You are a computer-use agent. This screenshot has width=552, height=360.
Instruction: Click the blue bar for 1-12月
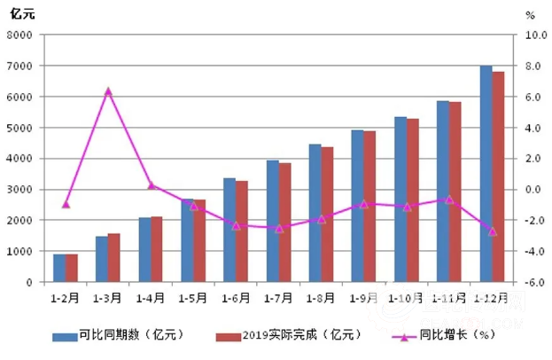point(486,174)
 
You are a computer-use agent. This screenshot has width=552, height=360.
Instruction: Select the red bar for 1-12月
point(498,176)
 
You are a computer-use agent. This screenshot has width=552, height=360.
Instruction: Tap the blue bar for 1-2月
point(58,268)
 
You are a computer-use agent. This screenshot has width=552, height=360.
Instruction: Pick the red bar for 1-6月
point(242,231)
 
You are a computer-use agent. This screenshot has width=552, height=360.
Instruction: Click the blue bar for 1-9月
point(357,206)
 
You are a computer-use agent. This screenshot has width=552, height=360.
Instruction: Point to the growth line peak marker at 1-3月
point(108,91)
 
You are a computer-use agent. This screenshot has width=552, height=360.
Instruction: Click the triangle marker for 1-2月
point(66,204)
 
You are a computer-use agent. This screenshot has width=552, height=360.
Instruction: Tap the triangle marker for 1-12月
point(493,231)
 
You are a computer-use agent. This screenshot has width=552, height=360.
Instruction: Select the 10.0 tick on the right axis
point(537,35)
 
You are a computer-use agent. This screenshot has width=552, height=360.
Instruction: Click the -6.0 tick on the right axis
point(537,282)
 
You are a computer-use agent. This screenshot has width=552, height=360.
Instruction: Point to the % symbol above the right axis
point(530,15)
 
